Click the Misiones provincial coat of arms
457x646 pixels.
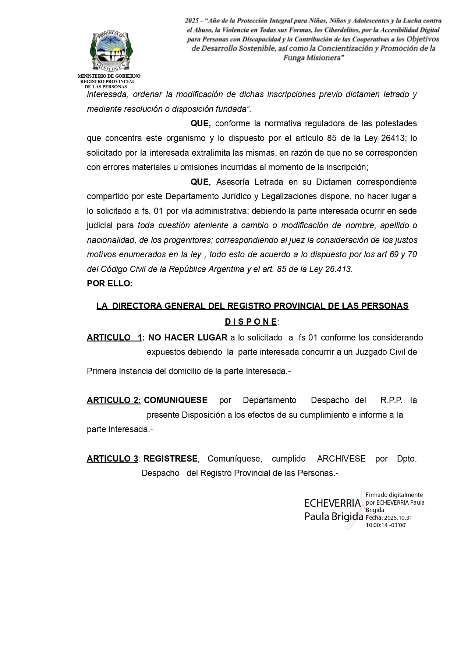(111, 52)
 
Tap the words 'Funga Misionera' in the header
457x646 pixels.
(313, 58)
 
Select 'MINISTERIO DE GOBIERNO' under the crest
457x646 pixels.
(109, 76)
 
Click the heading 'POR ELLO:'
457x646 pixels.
(110, 283)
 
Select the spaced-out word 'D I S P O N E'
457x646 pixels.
(251, 322)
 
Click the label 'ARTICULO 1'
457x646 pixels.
(114, 338)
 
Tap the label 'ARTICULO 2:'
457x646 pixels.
(114, 400)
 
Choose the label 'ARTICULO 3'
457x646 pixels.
(112, 459)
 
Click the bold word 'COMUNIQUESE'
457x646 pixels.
(176, 400)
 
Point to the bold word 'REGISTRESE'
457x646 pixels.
(171, 459)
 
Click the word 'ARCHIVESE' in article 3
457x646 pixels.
(341, 459)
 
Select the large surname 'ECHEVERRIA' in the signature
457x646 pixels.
(332, 503)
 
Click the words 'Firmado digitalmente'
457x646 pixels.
(394, 495)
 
